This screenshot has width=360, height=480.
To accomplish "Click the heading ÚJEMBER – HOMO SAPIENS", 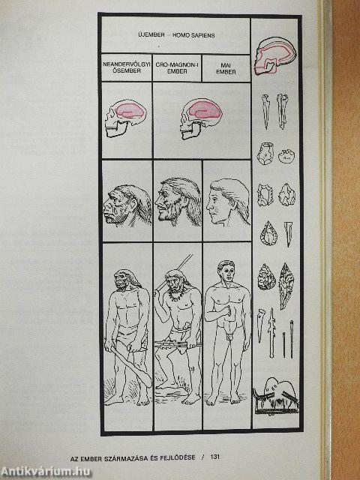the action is click(x=176, y=35).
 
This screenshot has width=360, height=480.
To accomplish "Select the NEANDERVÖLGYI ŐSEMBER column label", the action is click(x=127, y=67).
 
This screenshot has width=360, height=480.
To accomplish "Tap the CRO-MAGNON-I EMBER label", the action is click(x=177, y=68).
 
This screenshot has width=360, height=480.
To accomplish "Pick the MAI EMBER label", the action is click(x=226, y=68).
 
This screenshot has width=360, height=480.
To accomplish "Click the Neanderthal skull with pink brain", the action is click(x=126, y=118).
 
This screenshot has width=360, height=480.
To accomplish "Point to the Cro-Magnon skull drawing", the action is click(x=201, y=118).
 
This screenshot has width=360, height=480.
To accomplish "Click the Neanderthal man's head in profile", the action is click(x=127, y=205).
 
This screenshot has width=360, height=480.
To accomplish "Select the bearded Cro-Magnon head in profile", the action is click(x=178, y=202).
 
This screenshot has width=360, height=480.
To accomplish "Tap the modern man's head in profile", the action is click(x=228, y=202).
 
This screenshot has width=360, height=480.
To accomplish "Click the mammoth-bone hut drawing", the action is click(x=275, y=396).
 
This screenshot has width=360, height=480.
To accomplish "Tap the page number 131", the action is click(x=215, y=457).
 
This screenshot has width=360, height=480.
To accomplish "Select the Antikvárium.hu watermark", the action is click(x=46, y=472).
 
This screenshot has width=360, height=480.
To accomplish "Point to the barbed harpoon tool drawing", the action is click(x=271, y=333).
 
